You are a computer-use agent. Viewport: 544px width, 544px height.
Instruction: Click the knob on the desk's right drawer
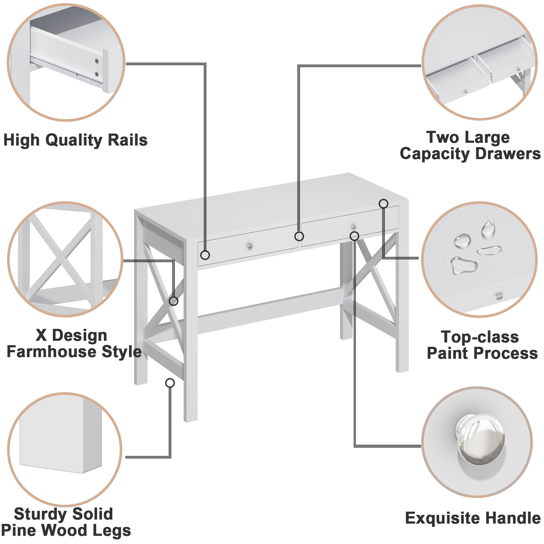pyautogui.click(x=354, y=226)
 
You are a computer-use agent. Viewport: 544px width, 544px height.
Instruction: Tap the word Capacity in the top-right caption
pyautogui.click(x=435, y=154)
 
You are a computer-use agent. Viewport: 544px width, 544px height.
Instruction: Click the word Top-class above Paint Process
pyautogui.click(x=480, y=337)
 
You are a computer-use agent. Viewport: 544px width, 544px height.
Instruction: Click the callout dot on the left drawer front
pyautogui.click(x=205, y=255)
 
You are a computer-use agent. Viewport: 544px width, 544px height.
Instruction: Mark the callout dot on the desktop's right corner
pyautogui.click(x=384, y=203)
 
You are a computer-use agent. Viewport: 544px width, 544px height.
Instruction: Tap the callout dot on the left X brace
pyautogui.click(x=174, y=301)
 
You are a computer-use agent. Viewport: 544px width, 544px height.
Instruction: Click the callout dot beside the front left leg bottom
pyautogui.click(x=170, y=383)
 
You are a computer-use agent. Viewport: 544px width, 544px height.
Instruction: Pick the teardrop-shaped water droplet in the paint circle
pyautogui.click(x=488, y=229)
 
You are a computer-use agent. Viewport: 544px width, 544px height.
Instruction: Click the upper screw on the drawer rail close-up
pyautogui.click(x=97, y=61)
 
